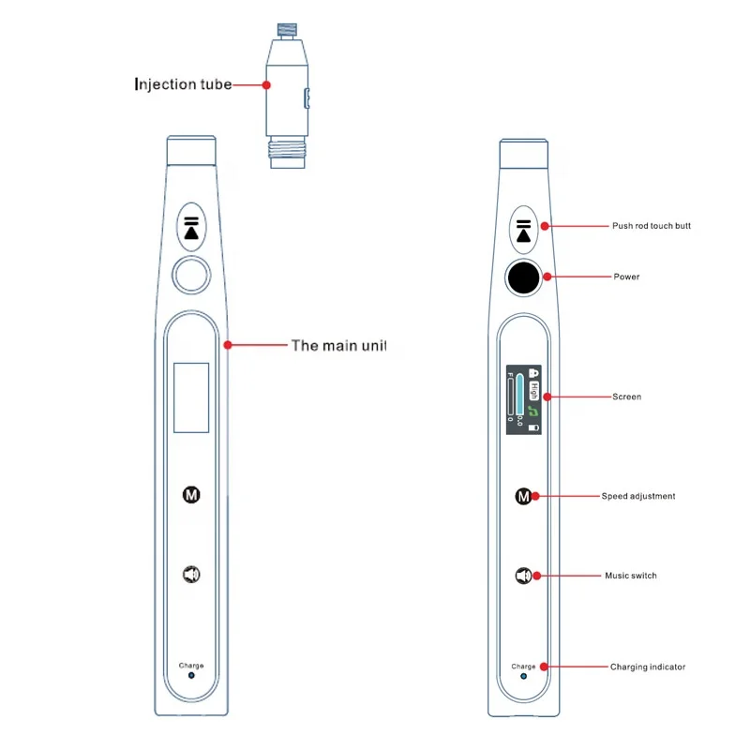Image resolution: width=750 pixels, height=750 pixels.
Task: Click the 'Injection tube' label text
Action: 182,85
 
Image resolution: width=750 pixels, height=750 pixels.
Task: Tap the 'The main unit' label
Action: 338,345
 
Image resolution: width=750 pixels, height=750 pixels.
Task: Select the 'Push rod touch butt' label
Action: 652,226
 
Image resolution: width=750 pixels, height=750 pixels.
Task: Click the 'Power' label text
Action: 626,277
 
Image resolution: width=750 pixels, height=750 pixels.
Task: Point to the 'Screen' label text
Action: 626,397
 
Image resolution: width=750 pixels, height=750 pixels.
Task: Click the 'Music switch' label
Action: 630,576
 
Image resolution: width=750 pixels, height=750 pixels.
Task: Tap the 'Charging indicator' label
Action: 648,667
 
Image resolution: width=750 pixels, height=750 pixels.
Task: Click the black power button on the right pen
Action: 523,277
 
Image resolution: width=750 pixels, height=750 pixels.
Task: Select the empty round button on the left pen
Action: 191,277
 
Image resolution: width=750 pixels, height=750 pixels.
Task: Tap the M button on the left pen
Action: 191,494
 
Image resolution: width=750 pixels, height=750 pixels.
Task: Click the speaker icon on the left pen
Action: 191,574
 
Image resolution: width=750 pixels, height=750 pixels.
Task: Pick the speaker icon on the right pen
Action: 522,575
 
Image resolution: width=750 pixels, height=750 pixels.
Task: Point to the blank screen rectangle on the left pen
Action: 191,397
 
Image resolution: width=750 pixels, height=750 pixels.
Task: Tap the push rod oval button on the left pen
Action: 191,227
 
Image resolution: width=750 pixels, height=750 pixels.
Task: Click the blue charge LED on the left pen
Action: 191,675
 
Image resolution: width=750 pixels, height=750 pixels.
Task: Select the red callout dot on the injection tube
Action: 267,85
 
